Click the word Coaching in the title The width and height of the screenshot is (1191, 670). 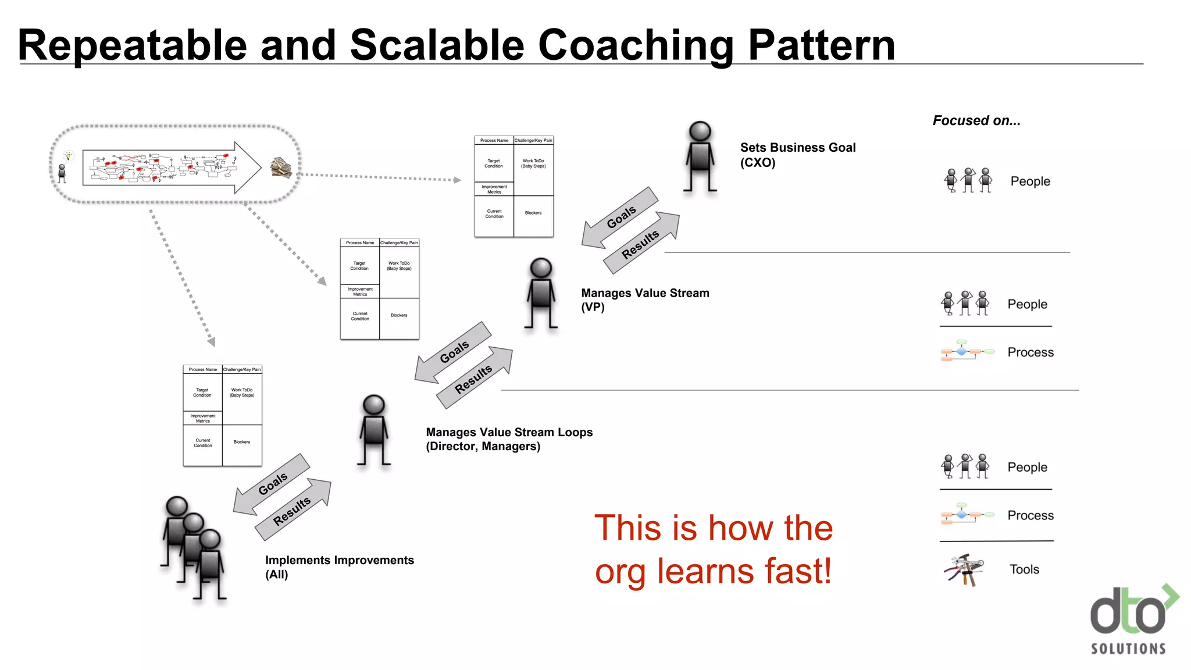tap(635, 45)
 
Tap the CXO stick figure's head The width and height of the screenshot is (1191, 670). tap(700, 131)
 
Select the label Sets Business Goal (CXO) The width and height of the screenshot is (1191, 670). tap(797, 155)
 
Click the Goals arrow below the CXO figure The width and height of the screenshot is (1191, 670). tap(621, 217)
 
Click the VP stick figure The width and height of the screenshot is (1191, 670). tap(541, 294)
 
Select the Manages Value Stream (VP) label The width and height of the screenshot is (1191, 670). tap(645, 300)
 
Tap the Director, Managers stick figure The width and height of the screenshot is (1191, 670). tap(373, 430)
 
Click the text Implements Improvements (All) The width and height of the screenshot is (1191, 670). tap(339, 566)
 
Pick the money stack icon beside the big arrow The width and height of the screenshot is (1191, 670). tap(280, 167)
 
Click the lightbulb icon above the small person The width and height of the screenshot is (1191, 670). tap(68, 156)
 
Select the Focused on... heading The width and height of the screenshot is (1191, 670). tap(976, 120)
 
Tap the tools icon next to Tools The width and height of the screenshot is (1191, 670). tap(964, 569)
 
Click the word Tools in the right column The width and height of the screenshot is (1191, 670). tap(1024, 569)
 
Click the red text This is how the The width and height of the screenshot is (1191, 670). tap(713, 528)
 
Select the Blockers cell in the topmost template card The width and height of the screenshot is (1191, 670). tap(533, 213)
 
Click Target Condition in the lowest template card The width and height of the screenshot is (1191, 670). tap(202, 393)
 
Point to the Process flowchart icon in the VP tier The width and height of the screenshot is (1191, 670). tap(967, 351)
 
